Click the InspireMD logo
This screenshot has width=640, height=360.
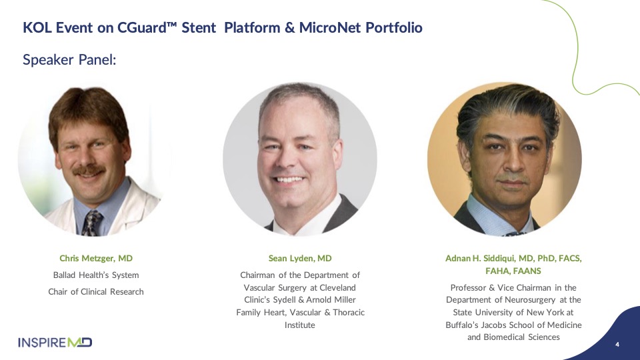pos(55,342)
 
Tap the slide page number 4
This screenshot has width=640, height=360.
pos(617,345)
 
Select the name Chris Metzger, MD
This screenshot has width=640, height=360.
pos(96,259)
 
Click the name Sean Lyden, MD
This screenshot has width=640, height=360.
pos(300,259)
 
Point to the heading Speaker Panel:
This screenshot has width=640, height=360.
pos(69,60)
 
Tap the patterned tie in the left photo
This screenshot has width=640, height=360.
pos(92,223)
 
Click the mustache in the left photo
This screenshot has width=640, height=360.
pos(89,170)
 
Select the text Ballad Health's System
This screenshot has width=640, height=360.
pos(96,275)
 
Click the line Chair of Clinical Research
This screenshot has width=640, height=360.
pos(96,292)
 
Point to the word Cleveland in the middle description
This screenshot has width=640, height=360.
pos(337,288)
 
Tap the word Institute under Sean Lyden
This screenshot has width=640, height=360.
pos(299,325)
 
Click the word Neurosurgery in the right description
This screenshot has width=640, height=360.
pos(530,300)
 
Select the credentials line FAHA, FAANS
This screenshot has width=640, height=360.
pos(513,271)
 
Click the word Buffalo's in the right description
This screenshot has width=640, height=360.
pos(461,325)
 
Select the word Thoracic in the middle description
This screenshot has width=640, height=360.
pos(349,313)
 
